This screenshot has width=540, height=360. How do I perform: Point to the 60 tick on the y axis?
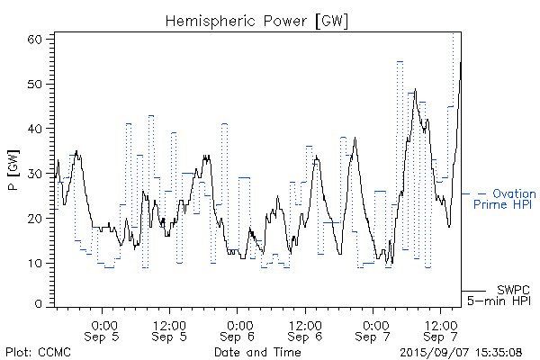tap(39, 40)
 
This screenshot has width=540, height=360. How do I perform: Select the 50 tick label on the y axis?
tap(39, 84)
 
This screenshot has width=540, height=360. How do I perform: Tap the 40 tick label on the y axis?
tap(39, 129)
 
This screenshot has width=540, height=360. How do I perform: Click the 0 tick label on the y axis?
tap(42, 304)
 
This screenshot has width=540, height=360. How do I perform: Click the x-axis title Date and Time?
tap(256, 351)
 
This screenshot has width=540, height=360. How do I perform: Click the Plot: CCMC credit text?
tap(38, 351)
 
